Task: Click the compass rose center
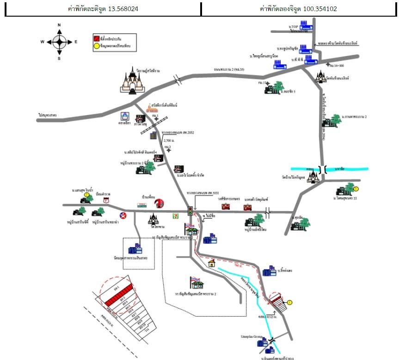(x=59, y=42)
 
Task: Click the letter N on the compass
(x=59, y=25)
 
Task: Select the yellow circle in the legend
(x=96, y=45)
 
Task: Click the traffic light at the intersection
(x=190, y=211)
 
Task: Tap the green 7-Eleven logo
(x=174, y=215)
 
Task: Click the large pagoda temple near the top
(x=134, y=82)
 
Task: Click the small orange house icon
(x=212, y=263)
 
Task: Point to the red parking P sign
(x=106, y=200)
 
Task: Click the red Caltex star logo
(x=123, y=215)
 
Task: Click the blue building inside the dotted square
(x=135, y=249)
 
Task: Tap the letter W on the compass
(x=43, y=42)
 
